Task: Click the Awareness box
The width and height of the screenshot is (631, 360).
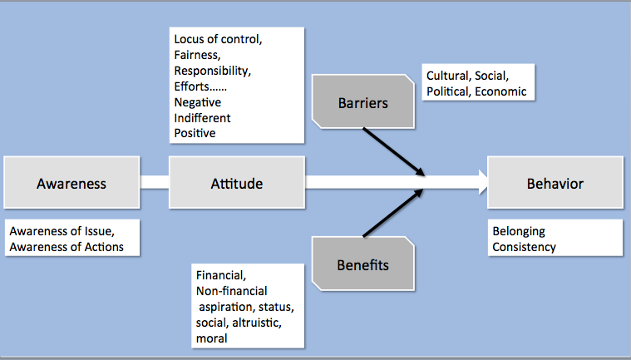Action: (71, 183)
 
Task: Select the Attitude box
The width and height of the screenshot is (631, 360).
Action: (237, 183)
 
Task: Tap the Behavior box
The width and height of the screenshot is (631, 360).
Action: (555, 183)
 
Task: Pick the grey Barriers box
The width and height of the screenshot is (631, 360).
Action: (363, 101)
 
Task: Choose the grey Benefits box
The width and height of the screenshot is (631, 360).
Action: (363, 264)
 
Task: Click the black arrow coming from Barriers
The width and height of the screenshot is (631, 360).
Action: (394, 151)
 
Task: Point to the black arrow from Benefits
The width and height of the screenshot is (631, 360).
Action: (393, 213)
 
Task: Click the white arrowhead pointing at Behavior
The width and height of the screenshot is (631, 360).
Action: (483, 182)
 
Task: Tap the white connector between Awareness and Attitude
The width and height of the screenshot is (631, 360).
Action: (154, 182)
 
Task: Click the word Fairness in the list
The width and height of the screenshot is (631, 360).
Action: (197, 55)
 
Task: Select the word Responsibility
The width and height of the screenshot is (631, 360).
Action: (213, 71)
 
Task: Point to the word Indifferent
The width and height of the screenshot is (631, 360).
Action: (202, 118)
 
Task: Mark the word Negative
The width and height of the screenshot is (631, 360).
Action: (198, 102)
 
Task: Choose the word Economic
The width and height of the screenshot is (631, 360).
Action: (500, 91)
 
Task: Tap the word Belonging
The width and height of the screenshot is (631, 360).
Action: (519, 231)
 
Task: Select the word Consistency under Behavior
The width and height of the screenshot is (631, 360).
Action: (524, 247)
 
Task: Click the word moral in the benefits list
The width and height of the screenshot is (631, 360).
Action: (212, 338)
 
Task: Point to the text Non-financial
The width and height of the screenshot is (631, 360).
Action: (231, 291)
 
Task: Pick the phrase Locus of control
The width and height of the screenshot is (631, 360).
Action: (218, 39)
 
